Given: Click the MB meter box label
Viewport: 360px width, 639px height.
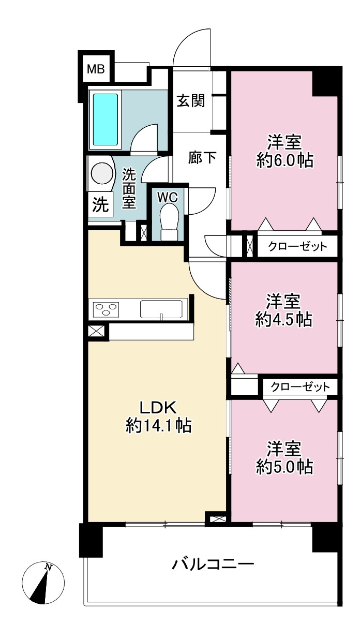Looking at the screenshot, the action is tap(96, 69).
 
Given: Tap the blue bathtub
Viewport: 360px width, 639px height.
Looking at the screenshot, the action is tap(106, 120).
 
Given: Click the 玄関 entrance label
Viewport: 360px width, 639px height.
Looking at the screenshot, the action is tap(191, 101).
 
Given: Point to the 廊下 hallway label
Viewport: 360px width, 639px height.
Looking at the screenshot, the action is tap(202, 157).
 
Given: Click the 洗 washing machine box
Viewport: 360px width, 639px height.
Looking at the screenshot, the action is tap(100, 204).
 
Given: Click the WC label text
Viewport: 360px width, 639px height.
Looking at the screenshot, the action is tap(168, 197).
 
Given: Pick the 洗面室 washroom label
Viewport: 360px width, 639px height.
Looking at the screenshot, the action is tap(129, 188).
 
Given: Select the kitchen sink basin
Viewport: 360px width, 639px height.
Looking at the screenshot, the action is tap(161, 309).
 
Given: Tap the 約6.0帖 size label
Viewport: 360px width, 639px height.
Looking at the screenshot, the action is tap(285, 161).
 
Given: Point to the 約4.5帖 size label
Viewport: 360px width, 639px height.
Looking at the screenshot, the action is tap(284, 320).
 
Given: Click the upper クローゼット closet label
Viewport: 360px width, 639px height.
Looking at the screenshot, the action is tap(297, 246).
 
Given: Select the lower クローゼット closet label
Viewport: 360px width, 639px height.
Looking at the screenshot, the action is tap(300, 387).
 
